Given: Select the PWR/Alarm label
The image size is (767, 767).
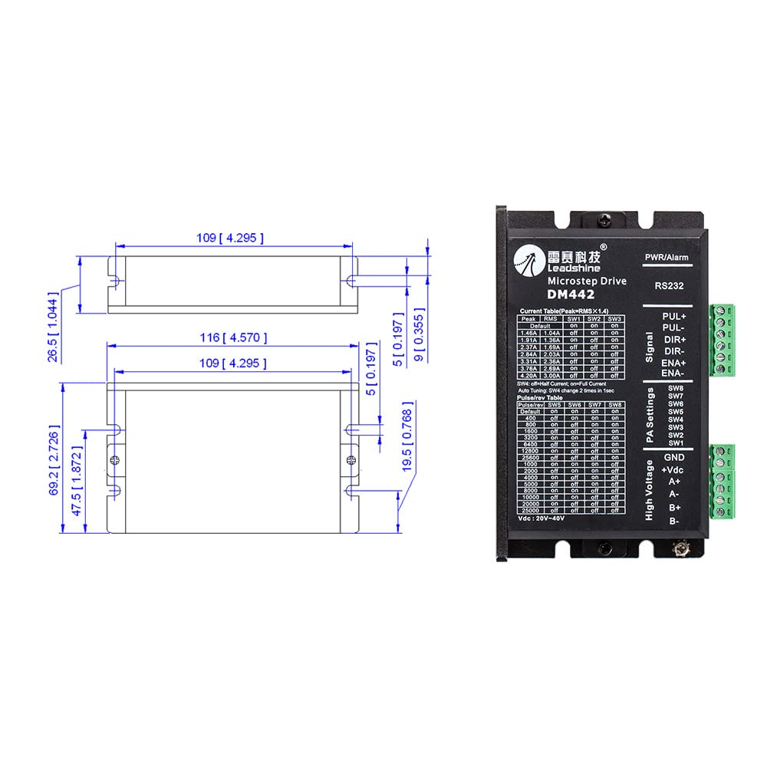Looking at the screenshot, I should (664, 255).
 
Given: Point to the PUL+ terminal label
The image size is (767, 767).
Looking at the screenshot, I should (675, 316).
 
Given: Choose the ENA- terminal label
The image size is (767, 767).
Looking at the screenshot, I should (675, 373).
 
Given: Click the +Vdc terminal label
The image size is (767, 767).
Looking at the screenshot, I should (673, 469).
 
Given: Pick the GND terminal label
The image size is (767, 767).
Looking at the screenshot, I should (674, 457).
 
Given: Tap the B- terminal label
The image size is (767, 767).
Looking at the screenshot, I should (674, 522).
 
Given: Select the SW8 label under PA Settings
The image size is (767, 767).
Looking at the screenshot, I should (676, 389).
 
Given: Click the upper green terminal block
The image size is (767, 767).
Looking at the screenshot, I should (722, 340).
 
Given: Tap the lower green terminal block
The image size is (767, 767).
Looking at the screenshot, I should (722, 482).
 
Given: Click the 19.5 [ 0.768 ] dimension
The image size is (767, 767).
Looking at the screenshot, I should (408, 436).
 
